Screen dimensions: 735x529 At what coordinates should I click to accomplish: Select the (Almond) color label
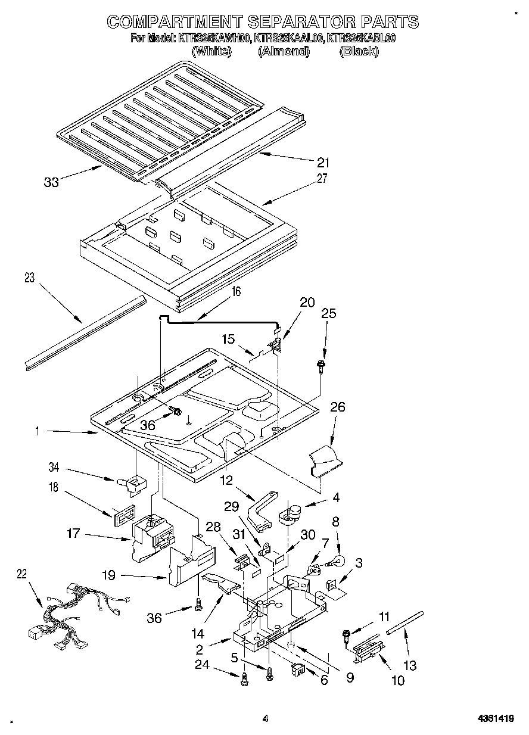(x=284, y=51)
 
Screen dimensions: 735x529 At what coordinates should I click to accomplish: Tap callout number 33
(x=52, y=182)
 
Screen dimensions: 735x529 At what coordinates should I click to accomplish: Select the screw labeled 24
(x=244, y=679)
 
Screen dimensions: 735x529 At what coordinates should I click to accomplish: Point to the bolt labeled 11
(x=346, y=636)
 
